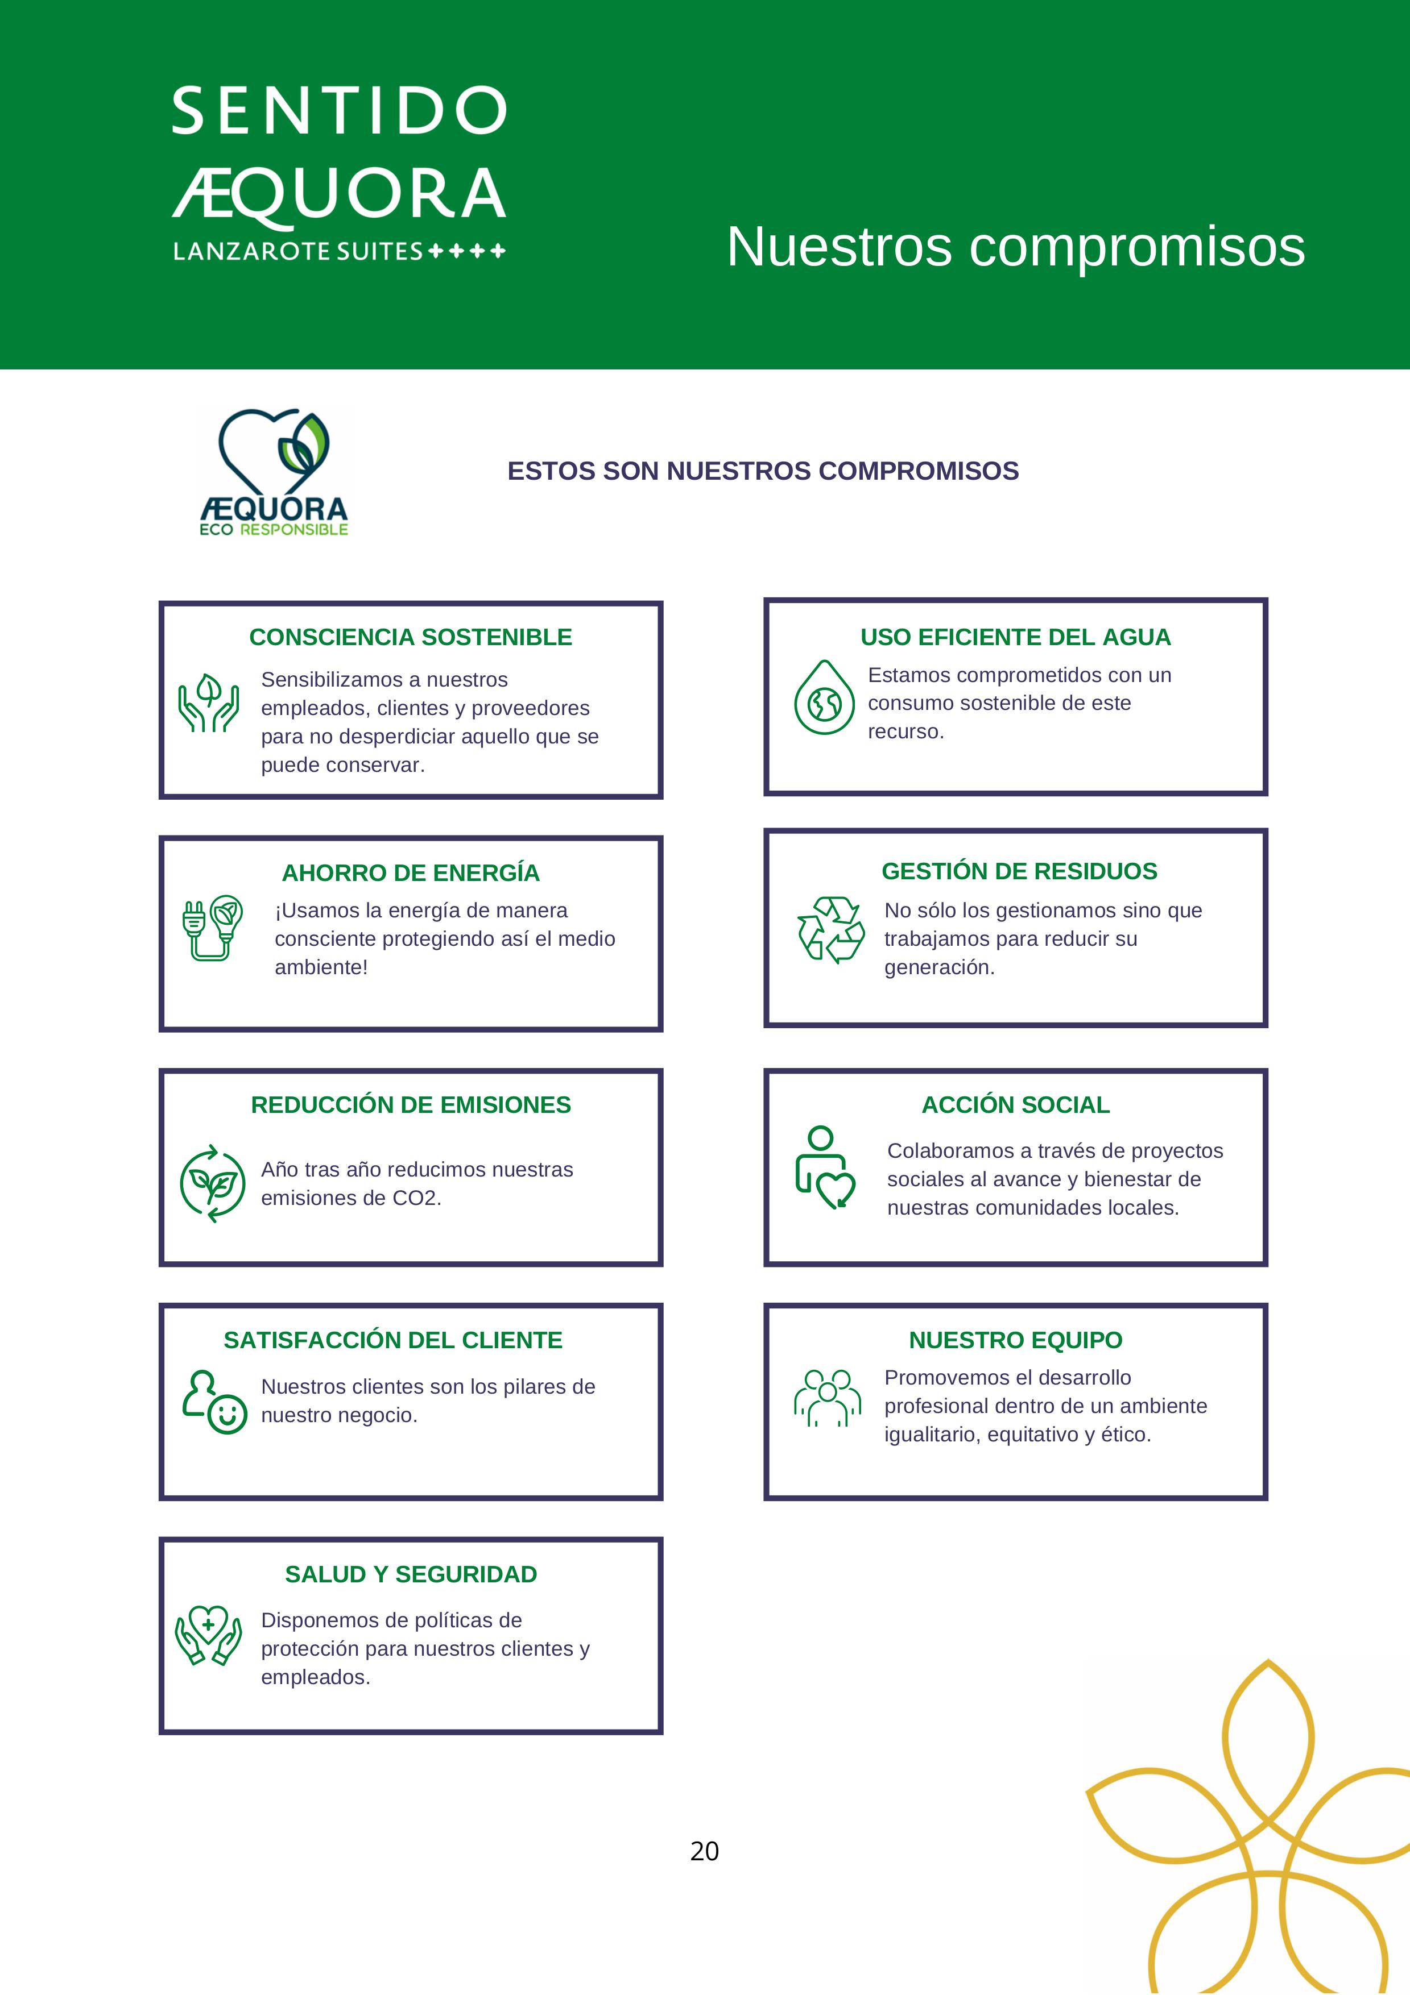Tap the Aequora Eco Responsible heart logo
(x=274, y=471)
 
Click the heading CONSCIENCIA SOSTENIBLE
(x=410, y=637)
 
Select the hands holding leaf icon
(x=209, y=703)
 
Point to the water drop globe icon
(x=824, y=698)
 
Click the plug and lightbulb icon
(x=212, y=927)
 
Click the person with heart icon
(x=825, y=1167)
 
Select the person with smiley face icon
(x=215, y=1402)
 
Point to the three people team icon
(x=826, y=1397)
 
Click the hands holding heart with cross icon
(x=209, y=1635)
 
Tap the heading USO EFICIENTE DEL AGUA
(x=1015, y=637)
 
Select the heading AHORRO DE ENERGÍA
(x=410, y=872)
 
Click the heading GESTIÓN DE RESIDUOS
(x=1019, y=871)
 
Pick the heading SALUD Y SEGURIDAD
(x=410, y=1574)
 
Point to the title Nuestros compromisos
(x=1015, y=246)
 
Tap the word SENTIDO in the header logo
(x=339, y=111)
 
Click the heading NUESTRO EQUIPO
(x=1015, y=1340)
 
